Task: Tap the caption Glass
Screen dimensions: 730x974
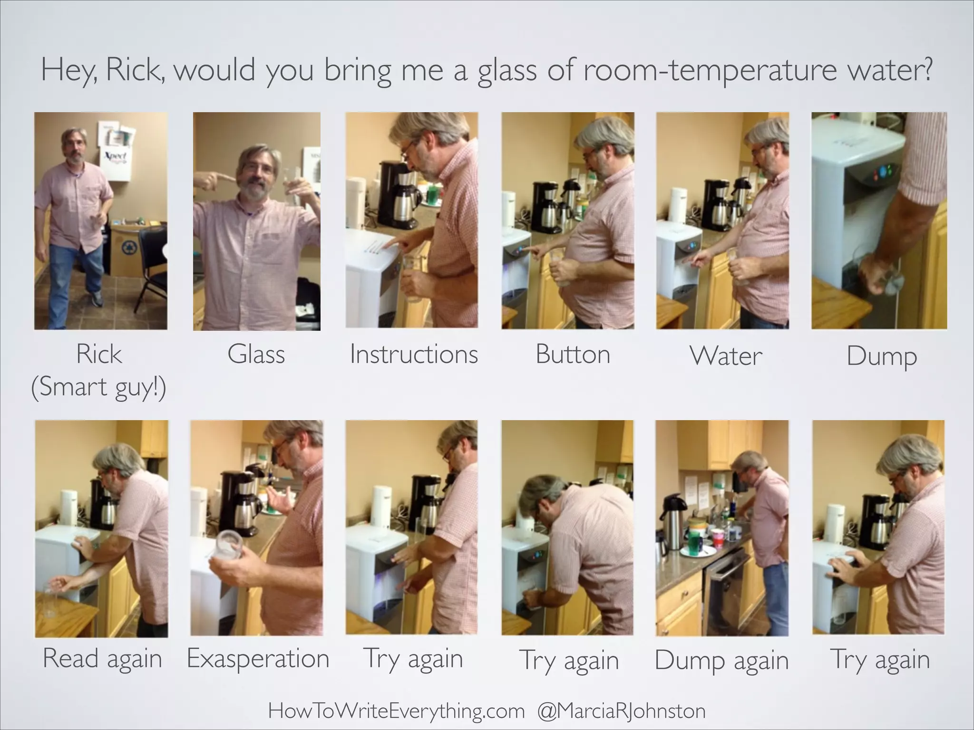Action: click(x=256, y=355)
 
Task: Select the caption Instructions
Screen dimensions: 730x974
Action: click(x=413, y=355)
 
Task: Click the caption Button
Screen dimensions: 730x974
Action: click(x=573, y=355)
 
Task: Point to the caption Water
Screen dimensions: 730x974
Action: click(x=726, y=356)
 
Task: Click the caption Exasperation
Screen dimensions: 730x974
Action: click(x=258, y=659)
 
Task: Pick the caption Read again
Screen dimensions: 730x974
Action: click(x=102, y=659)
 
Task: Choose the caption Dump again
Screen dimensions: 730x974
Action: click(x=721, y=661)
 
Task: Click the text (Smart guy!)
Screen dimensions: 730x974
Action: click(x=99, y=387)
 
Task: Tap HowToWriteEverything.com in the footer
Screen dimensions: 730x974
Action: click(x=396, y=711)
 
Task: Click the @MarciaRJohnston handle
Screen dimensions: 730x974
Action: click(x=621, y=711)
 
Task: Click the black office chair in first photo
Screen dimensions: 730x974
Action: click(x=151, y=266)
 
